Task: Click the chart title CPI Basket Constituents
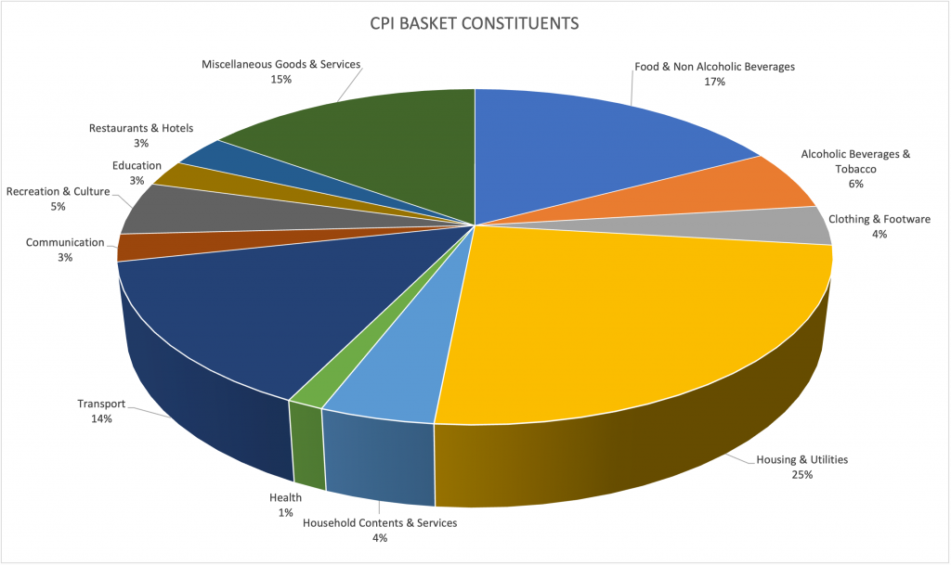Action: tap(475, 23)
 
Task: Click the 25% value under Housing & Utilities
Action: tap(802, 475)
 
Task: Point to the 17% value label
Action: tap(714, 82)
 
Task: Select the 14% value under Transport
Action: tap(101, 419)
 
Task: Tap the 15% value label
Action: tap(281, 80)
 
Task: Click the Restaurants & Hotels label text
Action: tap(141, 128)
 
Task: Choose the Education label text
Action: tap(137, 165)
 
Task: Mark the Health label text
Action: tap(285, 497)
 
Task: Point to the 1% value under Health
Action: tap(286, 512)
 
